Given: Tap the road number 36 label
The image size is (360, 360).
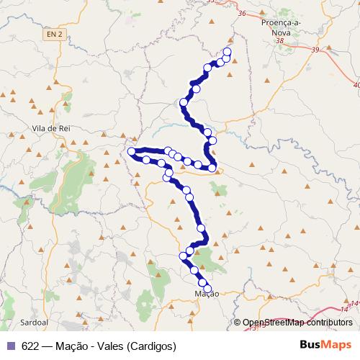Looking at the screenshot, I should click(240, 14).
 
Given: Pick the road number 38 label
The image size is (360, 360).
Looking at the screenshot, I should click(279, 41).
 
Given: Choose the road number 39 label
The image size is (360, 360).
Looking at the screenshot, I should click(315, 50).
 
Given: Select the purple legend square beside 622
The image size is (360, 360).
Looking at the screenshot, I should click(10, 346).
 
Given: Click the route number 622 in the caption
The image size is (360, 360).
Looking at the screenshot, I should click(31, 346).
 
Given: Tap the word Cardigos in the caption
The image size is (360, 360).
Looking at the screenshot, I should click(152, 346).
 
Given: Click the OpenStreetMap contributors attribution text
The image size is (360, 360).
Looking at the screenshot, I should click(297, 323).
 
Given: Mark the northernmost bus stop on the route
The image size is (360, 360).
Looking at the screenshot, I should click(228, 52).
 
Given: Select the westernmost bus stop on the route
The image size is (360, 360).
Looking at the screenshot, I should click(131, 152).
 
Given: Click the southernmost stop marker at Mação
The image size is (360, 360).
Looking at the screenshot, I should click(207, 288).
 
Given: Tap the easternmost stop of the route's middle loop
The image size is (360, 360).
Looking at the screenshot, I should click(213, 168).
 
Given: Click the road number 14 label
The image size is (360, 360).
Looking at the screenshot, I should click(354, 303).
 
